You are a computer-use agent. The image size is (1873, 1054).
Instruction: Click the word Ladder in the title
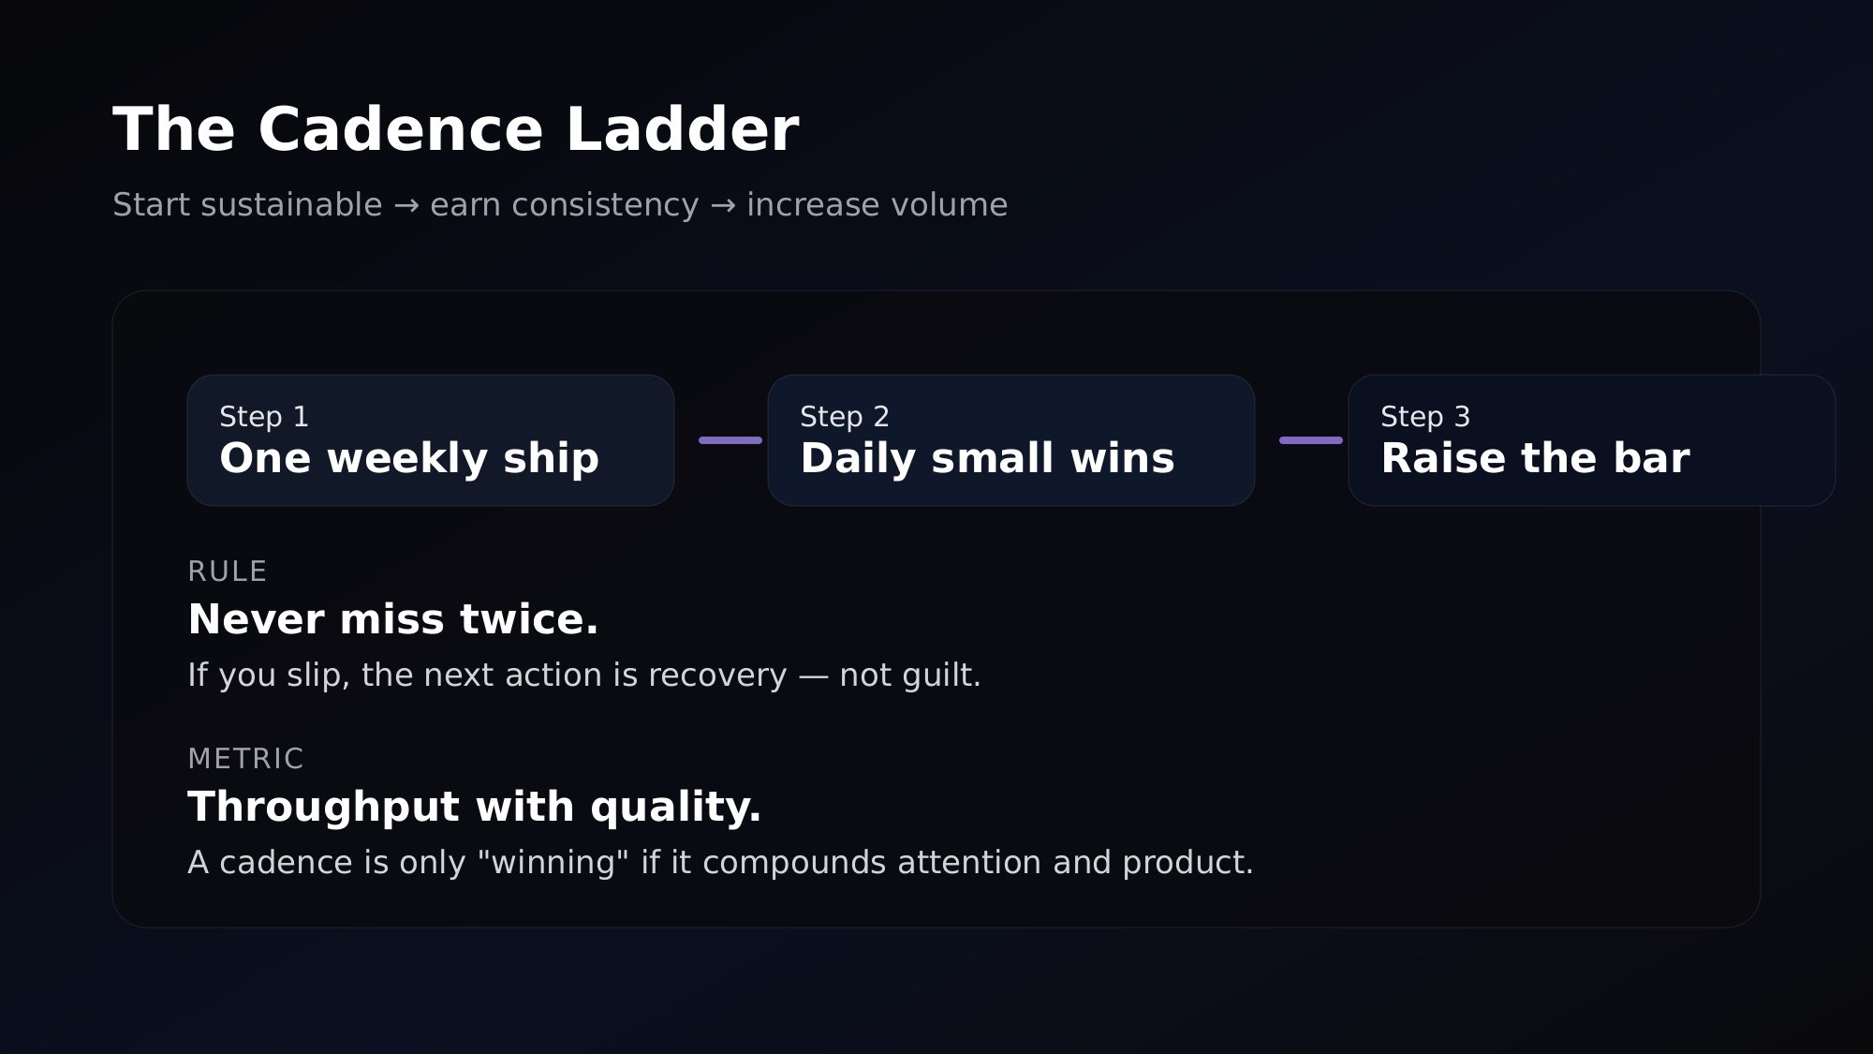[x=682, y=129]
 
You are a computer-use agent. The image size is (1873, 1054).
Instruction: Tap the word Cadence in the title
[x=400, y=129]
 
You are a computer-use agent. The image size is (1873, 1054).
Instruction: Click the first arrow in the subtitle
[x=406, y=205]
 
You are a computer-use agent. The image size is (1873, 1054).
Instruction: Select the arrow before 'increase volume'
[x=723, y=205]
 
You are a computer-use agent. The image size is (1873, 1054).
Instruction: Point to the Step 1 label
[x=264, y=417]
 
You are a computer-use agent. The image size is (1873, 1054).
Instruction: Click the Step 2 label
[x=845, y=417]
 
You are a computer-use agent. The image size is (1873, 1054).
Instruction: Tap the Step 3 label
[x=1425, y=417]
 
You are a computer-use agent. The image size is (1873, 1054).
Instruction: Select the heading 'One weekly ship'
[x=409, y=459]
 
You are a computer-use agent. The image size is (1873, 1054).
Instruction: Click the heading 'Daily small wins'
[x=987, y=459]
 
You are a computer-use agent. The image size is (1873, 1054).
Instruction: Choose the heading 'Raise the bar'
[x=1535, y=459]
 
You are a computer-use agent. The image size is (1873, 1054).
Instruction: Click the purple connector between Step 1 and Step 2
[x=730, y=440]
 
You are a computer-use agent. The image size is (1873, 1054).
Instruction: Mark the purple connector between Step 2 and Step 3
[x=1311, y=440]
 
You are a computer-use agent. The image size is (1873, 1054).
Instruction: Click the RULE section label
[x=228, y=572]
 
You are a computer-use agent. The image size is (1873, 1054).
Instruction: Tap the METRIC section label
[x=245, y=759]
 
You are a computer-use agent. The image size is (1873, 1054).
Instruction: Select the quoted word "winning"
[x=553, y=863]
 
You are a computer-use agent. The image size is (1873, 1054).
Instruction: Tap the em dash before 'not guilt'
[x=813, y=675]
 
